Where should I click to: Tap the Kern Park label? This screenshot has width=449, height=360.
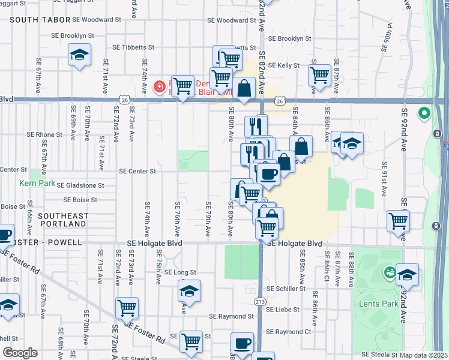pos(32,182)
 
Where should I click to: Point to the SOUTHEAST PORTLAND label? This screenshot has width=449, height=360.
pos(62,220)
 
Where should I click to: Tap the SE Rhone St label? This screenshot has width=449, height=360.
pos(40,134)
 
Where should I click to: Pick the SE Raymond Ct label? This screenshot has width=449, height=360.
pos(289,331)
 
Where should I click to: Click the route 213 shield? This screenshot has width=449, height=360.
pos(260,301)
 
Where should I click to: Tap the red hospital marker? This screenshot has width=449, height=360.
pos(159,87)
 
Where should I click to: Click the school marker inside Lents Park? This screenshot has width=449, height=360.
pos(407,275)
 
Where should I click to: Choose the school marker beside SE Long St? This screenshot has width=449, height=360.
pos(189,292)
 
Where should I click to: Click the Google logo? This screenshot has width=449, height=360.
pos(20,353)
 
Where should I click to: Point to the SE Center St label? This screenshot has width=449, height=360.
pos(137,171)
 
